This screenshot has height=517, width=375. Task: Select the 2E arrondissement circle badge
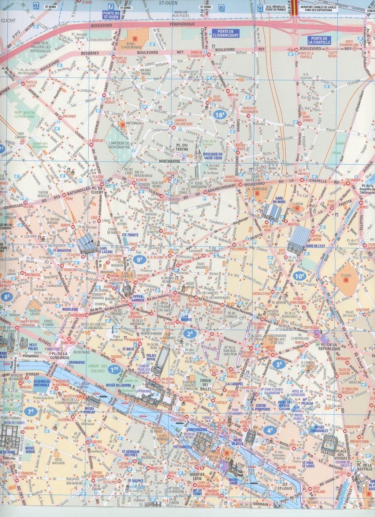[x=190, y=333]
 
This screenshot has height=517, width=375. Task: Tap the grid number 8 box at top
[x=220, y=7]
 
